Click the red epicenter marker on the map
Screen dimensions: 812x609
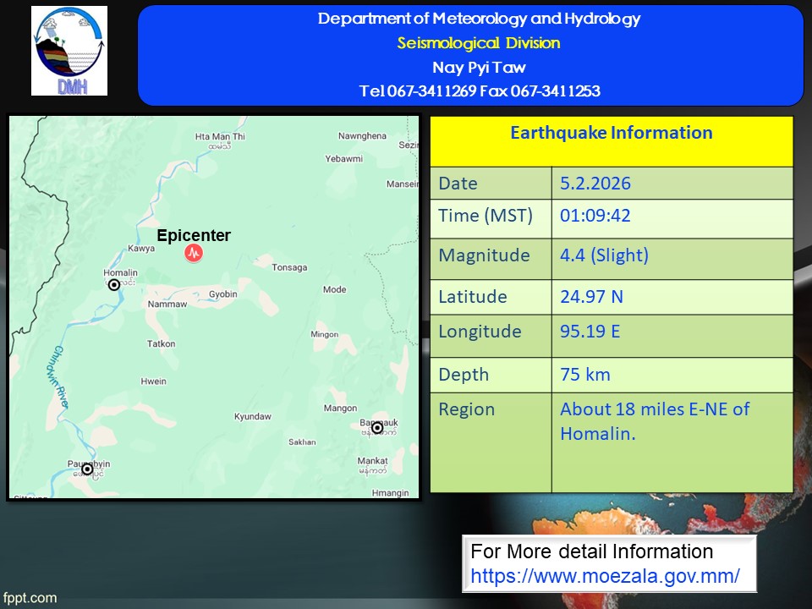(194, 253)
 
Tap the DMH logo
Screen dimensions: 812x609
(69, 51)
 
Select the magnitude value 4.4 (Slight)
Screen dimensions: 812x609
(604, 255)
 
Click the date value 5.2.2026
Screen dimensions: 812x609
(595, 184)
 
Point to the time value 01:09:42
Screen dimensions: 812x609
(595, 216)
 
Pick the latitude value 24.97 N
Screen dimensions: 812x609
(591, 297)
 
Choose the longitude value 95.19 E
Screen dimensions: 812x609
(590, 332)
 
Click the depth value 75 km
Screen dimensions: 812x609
(585, 375)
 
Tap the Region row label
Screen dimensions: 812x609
(467, 409)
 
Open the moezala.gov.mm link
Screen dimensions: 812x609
(605, 576)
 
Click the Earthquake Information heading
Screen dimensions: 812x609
(611, 133)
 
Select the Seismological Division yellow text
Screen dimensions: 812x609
(479, 43)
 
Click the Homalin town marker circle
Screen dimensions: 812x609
(114, 284)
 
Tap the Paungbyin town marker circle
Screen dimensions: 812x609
(87, 469)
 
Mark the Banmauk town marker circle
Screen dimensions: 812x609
(377, 428)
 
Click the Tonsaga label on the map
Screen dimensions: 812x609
(289, 267)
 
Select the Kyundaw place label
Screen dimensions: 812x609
(253, 416)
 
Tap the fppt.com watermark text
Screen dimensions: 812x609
(30, 598)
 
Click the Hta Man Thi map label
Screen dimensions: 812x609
(220, 137)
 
